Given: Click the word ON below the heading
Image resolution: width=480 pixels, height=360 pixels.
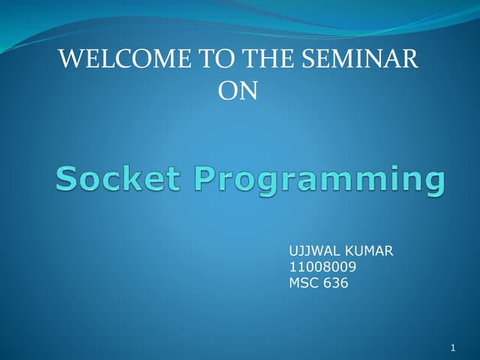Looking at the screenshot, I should point(237,91).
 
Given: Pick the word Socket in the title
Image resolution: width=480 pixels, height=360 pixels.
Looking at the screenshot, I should point(118,179).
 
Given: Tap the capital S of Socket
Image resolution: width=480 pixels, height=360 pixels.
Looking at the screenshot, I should point(68,179).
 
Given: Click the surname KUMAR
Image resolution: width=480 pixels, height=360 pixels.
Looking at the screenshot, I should point(369,250).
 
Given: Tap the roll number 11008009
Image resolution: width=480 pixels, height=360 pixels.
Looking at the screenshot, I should point(322,267).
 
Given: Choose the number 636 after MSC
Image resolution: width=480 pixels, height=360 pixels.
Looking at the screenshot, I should point(336,283).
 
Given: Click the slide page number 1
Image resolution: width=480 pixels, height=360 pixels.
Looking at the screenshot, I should point(454,348).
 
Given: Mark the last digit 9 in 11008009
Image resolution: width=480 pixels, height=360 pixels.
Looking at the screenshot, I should point(352,267).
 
